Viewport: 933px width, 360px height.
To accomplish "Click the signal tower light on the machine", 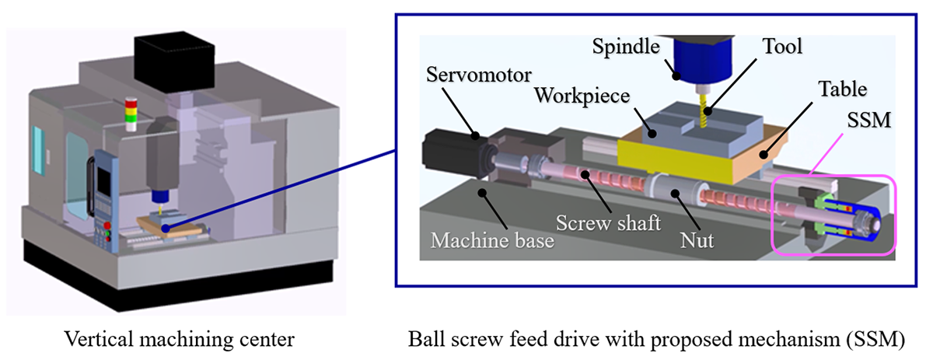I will [131, 115].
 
